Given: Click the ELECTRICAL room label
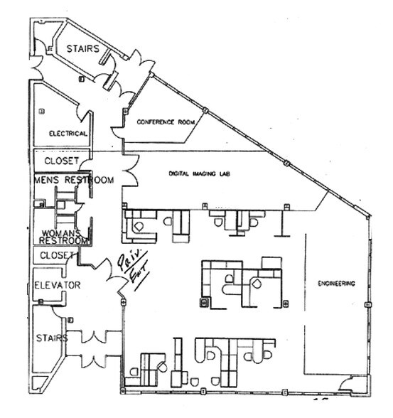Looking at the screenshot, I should pyautogui.click(x=68, y=134).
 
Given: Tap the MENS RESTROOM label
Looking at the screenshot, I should pyautogui.click(x=73, y=180).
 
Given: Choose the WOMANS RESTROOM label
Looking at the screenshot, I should pyautogui.click(x=62, y=237).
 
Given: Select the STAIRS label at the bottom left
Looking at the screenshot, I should pyautogui.click(x=52, y=338).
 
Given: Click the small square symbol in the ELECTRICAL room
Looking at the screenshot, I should pyautogui.click(x=41, y=109).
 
